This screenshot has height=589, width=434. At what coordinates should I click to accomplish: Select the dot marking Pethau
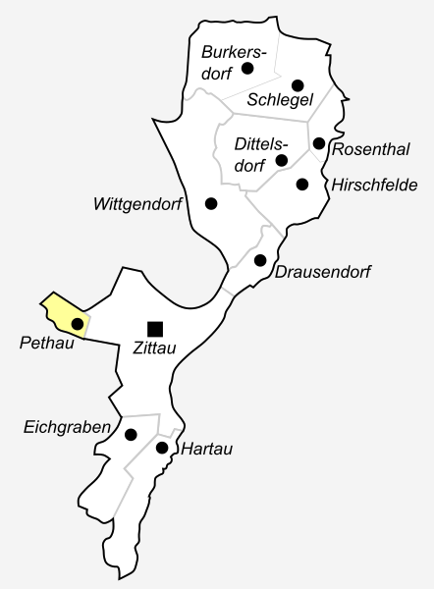77,323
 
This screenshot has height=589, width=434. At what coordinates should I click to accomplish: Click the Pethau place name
42,344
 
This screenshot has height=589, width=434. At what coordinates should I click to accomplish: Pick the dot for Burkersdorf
247,68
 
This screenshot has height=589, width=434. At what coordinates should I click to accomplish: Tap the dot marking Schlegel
298,84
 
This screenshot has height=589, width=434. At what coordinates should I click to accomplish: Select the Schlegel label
280,101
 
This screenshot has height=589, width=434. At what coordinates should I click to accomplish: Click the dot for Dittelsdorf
282,160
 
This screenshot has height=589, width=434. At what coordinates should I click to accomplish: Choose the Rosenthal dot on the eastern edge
318,143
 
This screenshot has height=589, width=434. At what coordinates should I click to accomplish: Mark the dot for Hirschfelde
302,184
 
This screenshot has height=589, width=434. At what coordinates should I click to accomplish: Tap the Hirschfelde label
375,185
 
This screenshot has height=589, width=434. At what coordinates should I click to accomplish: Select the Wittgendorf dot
210,203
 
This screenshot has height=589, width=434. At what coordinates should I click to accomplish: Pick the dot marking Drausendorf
260,260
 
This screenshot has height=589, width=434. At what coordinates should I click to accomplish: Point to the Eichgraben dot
130,434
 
